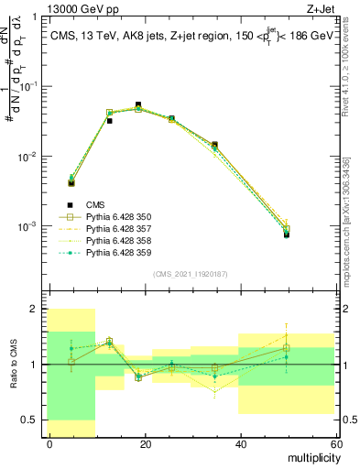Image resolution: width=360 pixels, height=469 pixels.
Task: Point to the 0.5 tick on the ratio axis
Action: [32, 420]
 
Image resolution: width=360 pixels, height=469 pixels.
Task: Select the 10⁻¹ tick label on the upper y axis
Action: [27, 86]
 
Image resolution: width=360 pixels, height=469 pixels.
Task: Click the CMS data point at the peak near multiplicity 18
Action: [138, 104]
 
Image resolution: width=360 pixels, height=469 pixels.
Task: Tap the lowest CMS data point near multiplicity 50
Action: [286, 234]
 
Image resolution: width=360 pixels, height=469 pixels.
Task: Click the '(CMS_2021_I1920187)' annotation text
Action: [190, 273]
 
